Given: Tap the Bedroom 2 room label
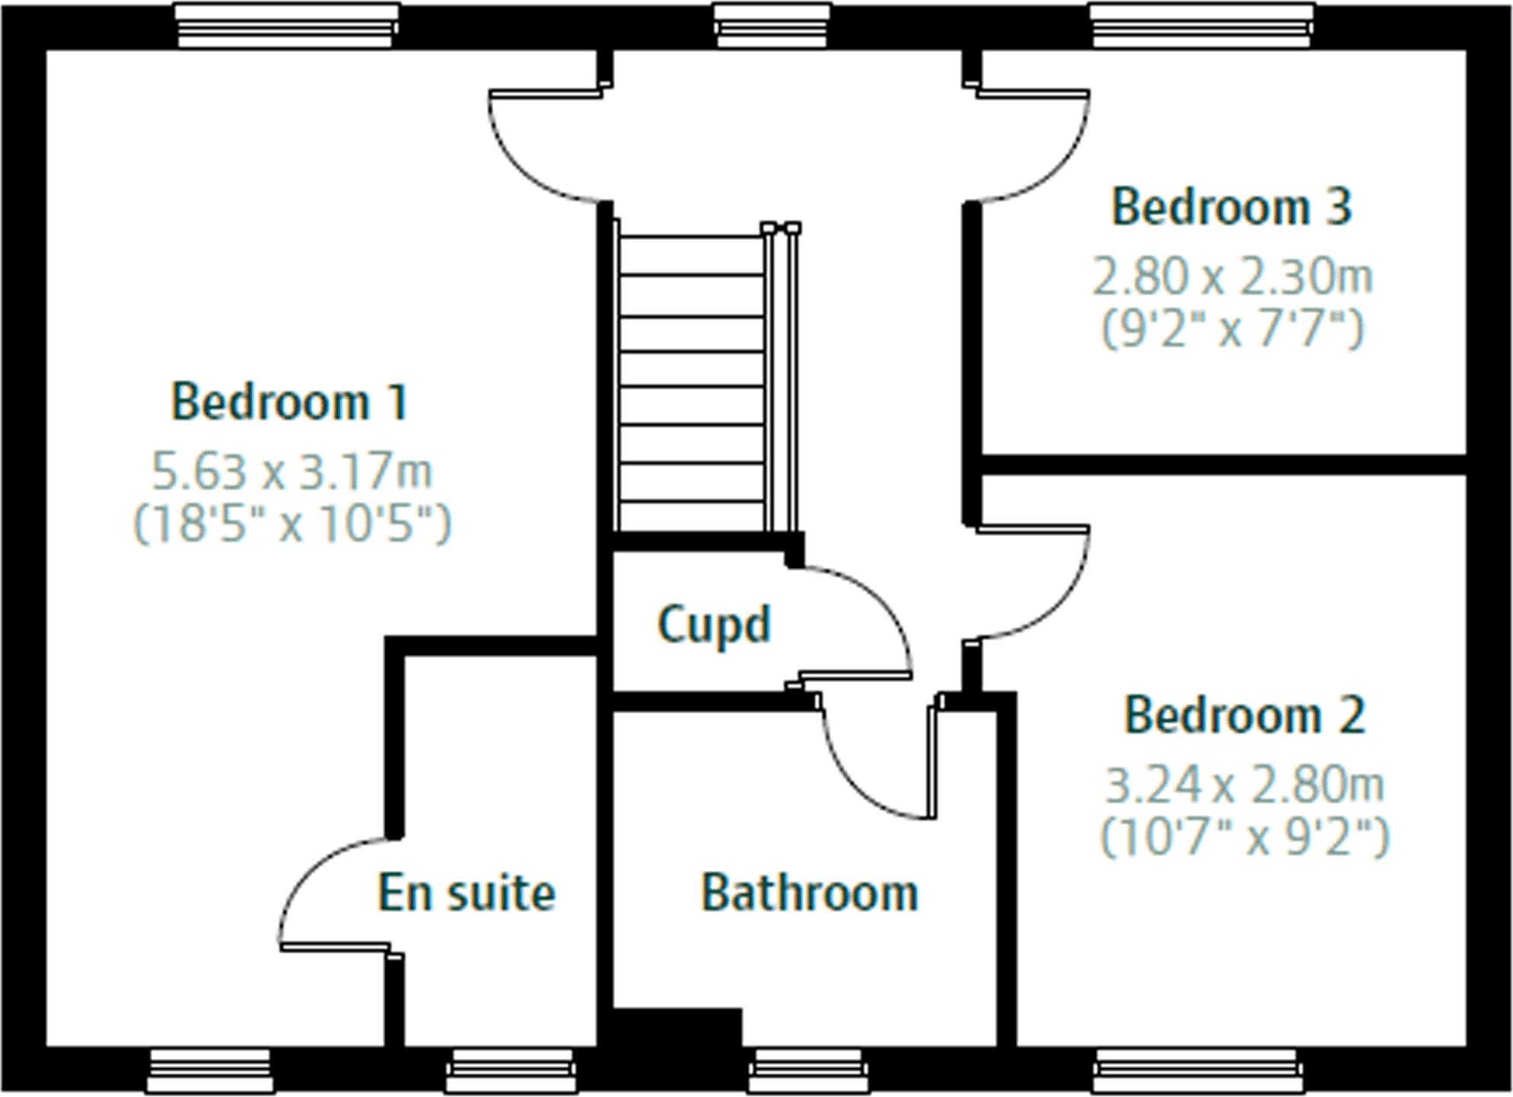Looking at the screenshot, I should [x=1244, y=715].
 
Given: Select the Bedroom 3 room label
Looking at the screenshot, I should [x=1231, y=206].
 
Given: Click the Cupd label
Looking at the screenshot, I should [x=714, y=624].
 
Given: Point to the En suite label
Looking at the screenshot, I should [x=467, y=892].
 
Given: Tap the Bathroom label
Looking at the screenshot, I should [x=809, y=892].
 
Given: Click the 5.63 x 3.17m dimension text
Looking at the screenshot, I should [x=292, y=471].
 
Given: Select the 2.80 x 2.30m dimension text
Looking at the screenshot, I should [x=1232, y=276].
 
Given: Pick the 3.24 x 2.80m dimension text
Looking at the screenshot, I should [x=1244, y=785].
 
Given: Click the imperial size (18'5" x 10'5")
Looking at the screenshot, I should [x=292, y=524].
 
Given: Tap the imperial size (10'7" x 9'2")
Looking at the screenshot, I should [x=1244, y=837].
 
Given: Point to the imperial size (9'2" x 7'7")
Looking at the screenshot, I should [x=1232, y=329].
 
